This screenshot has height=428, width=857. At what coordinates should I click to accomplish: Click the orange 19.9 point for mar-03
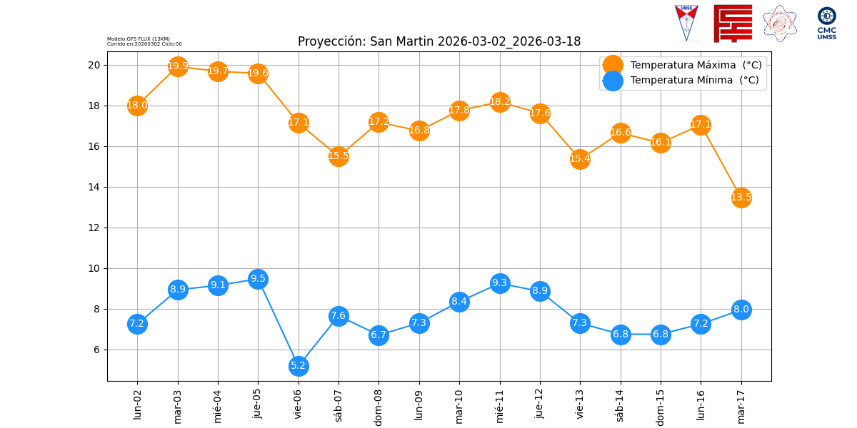point(178,66)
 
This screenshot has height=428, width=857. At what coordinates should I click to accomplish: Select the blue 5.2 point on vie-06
point(299,366)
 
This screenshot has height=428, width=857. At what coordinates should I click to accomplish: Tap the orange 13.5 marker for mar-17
point(741,197)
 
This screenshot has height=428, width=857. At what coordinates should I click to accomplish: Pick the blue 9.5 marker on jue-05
point(258,279)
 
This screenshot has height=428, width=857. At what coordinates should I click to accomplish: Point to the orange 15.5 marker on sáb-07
point(339,156)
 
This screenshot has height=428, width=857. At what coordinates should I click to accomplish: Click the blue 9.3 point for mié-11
point(500,283)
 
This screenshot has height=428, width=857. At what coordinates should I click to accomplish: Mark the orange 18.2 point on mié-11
point(500,102)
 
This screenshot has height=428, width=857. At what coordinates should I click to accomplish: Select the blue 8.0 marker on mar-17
point(741,310)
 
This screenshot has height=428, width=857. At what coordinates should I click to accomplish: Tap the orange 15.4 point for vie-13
point(580,158)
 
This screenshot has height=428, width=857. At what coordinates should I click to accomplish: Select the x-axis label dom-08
point(379,407)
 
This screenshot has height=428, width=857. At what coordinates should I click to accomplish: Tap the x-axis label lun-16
point(701,404)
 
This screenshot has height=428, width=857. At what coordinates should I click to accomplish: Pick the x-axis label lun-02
point(137,404)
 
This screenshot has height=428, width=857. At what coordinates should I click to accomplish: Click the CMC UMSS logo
point(826,23)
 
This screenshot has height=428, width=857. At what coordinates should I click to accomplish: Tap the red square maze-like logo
point(733,23)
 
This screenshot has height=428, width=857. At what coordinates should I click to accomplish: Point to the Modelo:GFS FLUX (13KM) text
point(139,39)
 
